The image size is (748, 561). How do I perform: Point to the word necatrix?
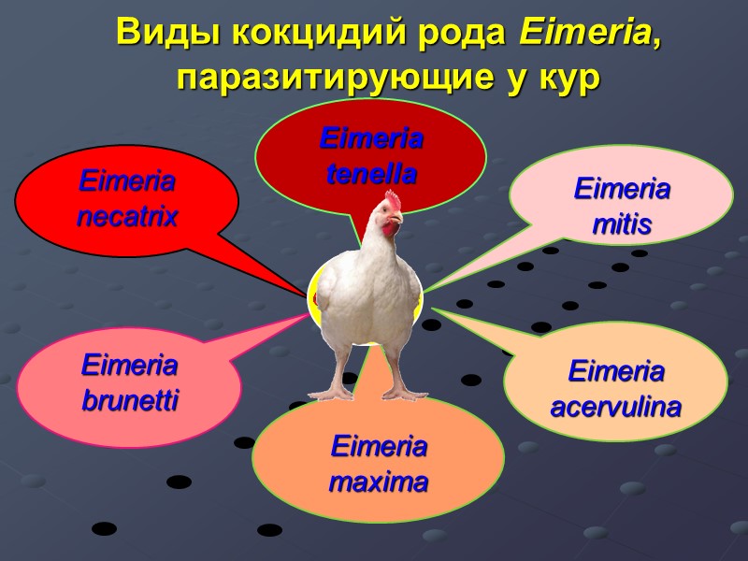tap(128, 218)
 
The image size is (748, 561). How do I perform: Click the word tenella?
tap(371, 174)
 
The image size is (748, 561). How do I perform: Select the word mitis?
tap(621, 224)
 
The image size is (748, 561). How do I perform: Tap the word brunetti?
tap(129, 402)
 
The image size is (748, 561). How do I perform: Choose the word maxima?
tap(379, 483)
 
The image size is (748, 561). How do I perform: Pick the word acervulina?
tap(616, 408)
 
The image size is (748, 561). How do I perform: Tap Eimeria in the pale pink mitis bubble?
tap(621, 190)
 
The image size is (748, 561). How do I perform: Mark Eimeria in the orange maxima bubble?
tap(379, 448)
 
